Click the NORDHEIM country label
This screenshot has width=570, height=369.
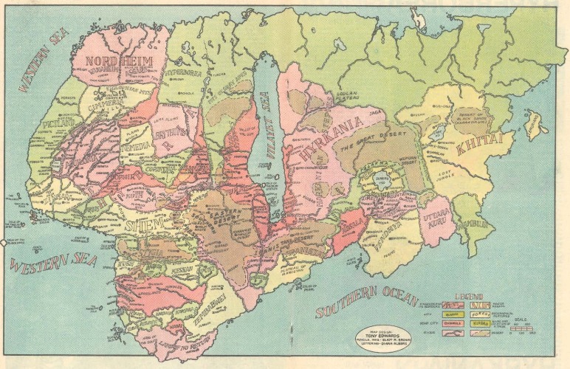click(x=114, y=60)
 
